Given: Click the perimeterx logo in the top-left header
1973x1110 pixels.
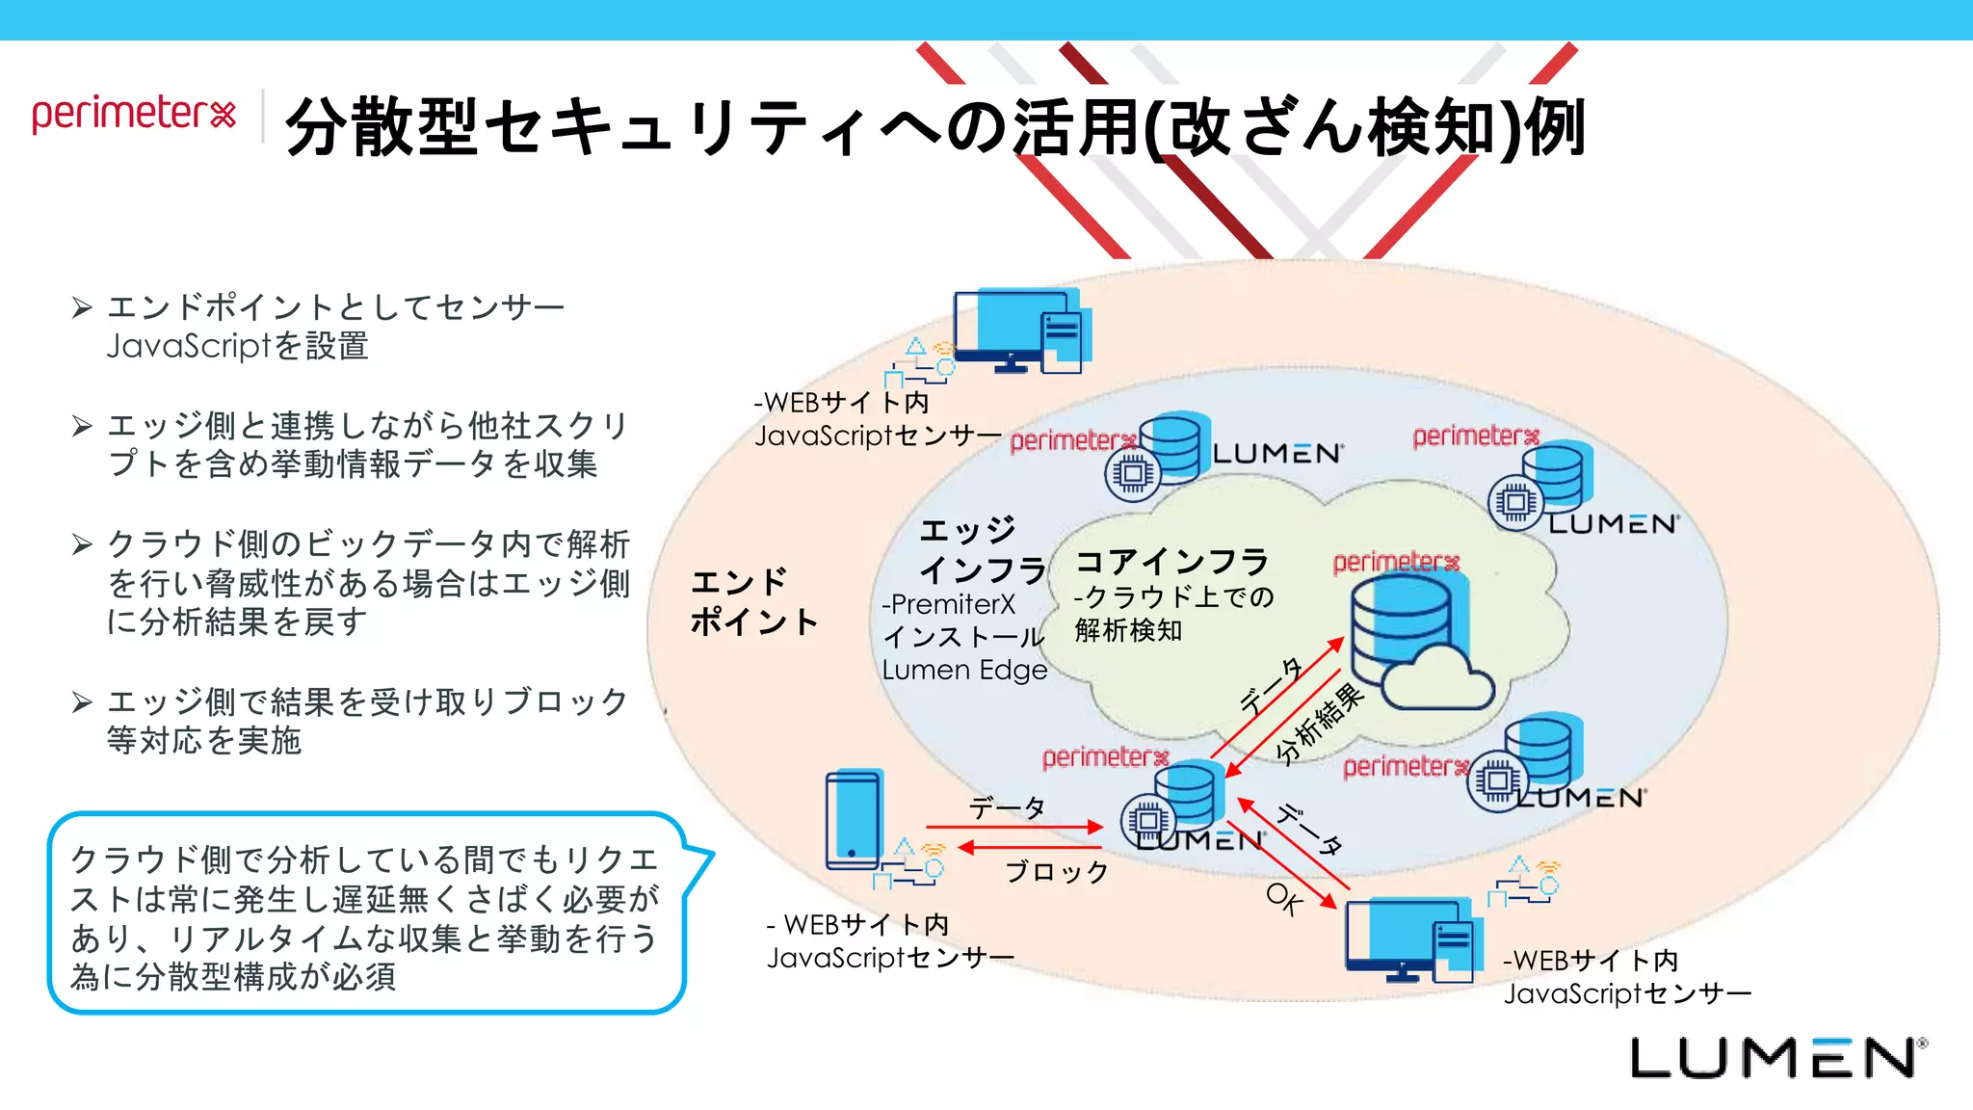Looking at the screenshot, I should (x=134, y=114).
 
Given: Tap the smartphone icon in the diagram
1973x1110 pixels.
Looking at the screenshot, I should (x=855, y=819).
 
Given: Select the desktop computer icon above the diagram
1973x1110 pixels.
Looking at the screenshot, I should (x=1019, y=331).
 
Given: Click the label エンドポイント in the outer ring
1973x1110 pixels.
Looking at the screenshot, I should (x=753, y=601).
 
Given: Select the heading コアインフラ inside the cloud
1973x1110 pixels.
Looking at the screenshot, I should (x=1171, y=561).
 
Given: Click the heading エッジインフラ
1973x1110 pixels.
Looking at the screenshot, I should (x=981, y=550).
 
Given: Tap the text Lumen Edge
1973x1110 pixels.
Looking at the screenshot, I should (x=964, y=670).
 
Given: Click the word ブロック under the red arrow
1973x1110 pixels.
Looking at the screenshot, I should (x=1057, y=871).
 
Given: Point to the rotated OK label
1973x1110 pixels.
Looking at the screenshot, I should (x=1284, y=898).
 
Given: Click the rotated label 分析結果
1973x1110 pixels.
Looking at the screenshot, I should (x=1320, y=723).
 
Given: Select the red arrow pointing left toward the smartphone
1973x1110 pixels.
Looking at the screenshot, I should (x=1029, y=848).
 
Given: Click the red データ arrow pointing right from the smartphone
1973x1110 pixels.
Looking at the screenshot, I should (x=1013, y=827).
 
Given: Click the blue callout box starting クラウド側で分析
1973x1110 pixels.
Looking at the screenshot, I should (x=366, y=913).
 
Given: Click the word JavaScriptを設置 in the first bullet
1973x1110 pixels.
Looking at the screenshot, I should (x=238, y=346).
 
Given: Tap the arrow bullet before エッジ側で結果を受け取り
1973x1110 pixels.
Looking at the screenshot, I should (x=82, y=701).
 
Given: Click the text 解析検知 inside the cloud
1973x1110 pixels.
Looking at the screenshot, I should (x=1128, y=630).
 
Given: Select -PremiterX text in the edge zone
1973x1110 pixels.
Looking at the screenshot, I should (x=948, y=604).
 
